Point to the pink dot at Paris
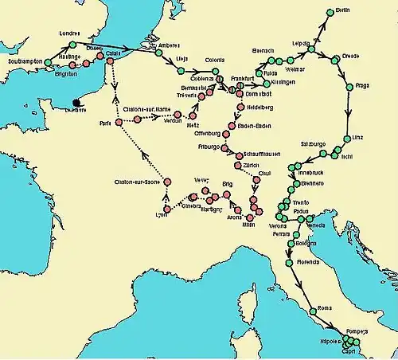[x=118, y=122]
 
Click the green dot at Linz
[x=346, y=138]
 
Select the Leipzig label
[x=302, y=42]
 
